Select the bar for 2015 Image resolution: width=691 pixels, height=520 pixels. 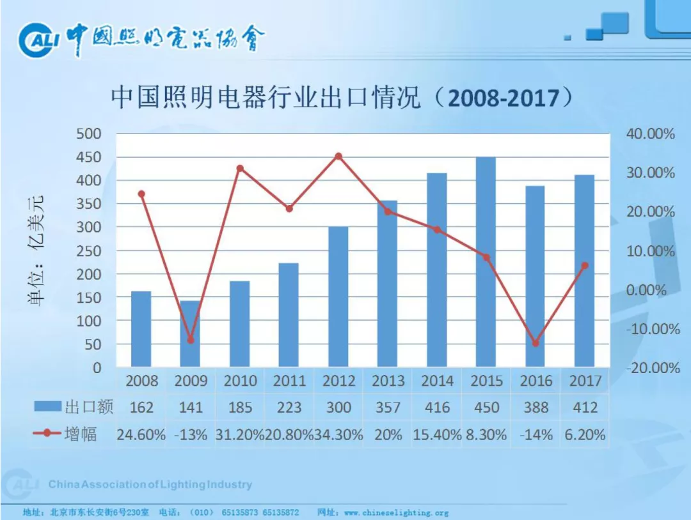(486, 262)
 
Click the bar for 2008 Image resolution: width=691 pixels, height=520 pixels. (141, 329)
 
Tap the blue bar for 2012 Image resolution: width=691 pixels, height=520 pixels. (338, 297)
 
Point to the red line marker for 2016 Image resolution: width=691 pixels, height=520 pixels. (536, 343)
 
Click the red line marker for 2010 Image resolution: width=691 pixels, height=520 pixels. (240, 169)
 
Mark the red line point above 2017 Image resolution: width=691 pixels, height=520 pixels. (584, 265)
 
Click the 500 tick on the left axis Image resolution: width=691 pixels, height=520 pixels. (90, 134)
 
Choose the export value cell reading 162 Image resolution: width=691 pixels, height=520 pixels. (141, 408)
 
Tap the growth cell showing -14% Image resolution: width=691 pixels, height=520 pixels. (536, 435)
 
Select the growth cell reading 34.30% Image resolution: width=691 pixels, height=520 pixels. (338, 435)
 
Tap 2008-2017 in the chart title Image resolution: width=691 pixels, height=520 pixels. (503, 98)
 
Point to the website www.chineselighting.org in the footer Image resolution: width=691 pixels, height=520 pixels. (396, 512)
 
